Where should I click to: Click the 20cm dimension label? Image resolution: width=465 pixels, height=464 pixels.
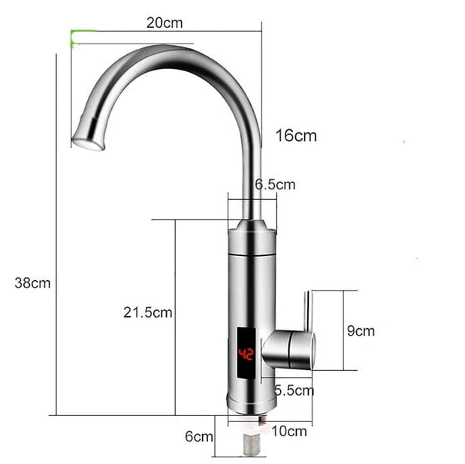tap(165, 23)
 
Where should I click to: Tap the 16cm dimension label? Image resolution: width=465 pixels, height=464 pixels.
tap(295, 136)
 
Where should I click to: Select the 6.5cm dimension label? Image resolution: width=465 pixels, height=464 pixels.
tap(275, 184)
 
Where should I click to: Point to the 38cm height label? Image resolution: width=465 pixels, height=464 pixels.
tap(32, 283)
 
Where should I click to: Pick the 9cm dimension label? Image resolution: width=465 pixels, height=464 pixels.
tap(361, 330)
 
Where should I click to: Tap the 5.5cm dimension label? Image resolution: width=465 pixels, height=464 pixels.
tap(294, 390)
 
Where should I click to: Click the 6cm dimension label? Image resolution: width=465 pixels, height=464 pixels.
tap(199, 436)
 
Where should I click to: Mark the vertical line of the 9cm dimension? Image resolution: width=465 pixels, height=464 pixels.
tap(344, 330)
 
